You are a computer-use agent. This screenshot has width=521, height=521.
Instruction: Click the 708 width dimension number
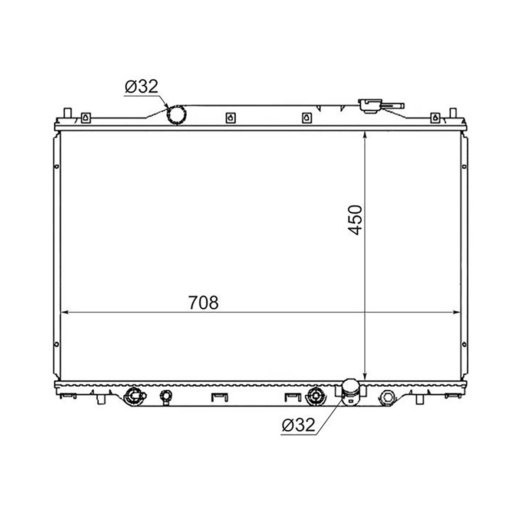(x=203, y=302)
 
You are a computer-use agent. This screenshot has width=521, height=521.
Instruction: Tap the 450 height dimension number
(x=354, y=220)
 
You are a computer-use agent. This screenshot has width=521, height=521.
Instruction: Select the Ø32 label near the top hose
(x=142, y=86)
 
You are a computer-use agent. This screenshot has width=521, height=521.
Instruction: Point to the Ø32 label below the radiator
(x=298, y=425)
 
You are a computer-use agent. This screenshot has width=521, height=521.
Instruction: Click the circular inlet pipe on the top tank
(x=177, y=115)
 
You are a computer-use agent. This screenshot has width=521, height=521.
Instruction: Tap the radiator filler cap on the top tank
(x=370, y=106)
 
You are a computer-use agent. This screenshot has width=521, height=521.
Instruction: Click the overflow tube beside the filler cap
(x=394, y=106)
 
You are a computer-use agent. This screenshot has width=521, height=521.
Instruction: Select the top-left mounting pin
(x=67, y=113)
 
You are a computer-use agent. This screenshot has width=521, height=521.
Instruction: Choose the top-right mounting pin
(x=453, y=113)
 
